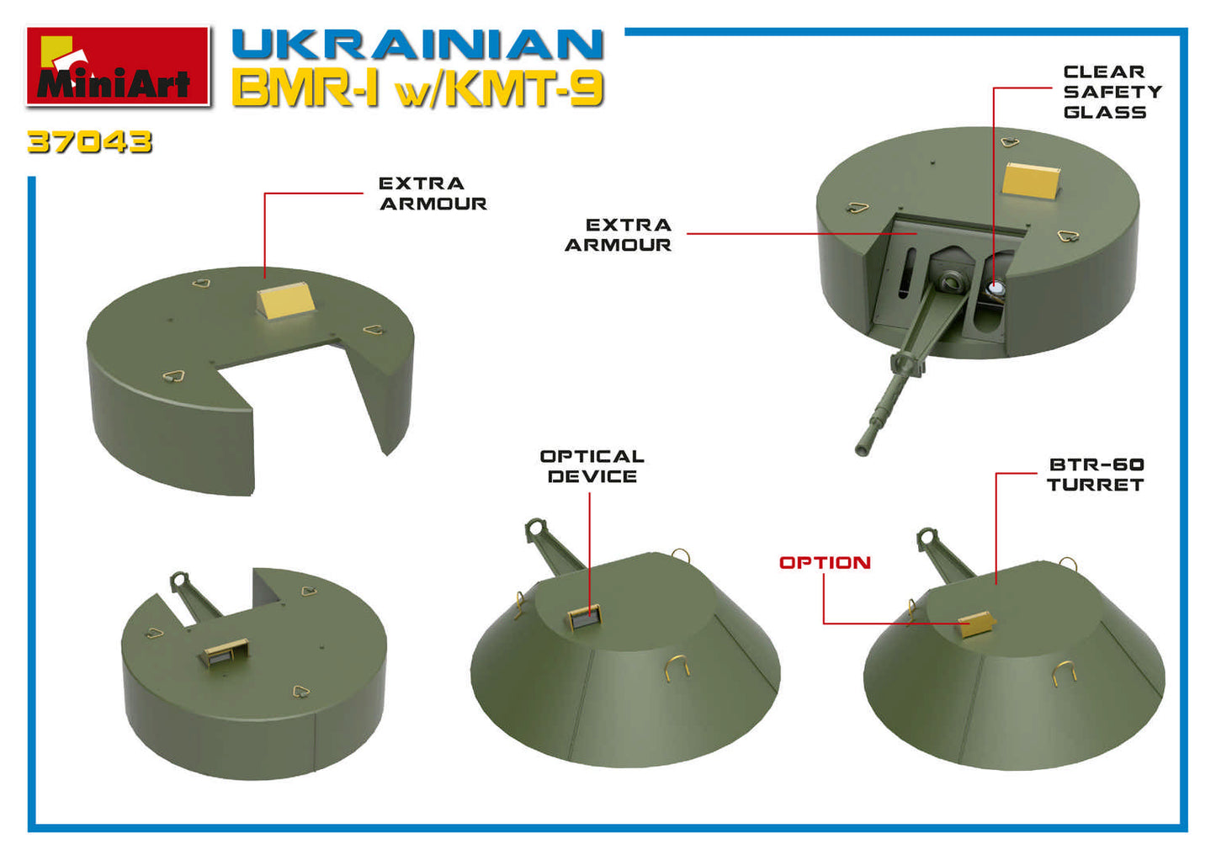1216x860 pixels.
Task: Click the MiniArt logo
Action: coord(118,66)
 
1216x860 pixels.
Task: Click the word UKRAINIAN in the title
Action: coord(417,45)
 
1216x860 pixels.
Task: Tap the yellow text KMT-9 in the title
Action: coord(523,89)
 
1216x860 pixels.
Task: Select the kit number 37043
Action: coord(90,141)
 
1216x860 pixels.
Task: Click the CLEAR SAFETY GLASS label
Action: coord(1111,92)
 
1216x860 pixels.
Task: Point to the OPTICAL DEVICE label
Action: coord(592,466)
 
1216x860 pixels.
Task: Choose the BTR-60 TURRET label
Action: coord(1095,475)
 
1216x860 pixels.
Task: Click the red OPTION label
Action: coord(825,563)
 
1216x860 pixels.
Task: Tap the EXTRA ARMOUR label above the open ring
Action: coord(433,194)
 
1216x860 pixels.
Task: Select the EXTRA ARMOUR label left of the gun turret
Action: coord(619,235)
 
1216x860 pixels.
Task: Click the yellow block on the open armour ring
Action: coord(287,300)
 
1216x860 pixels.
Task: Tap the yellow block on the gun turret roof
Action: coord(1032,180)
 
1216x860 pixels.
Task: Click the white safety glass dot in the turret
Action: coord(997,289)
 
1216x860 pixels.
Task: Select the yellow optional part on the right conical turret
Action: coord(976,624)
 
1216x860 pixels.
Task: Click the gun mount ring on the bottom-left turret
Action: coord(180,581)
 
